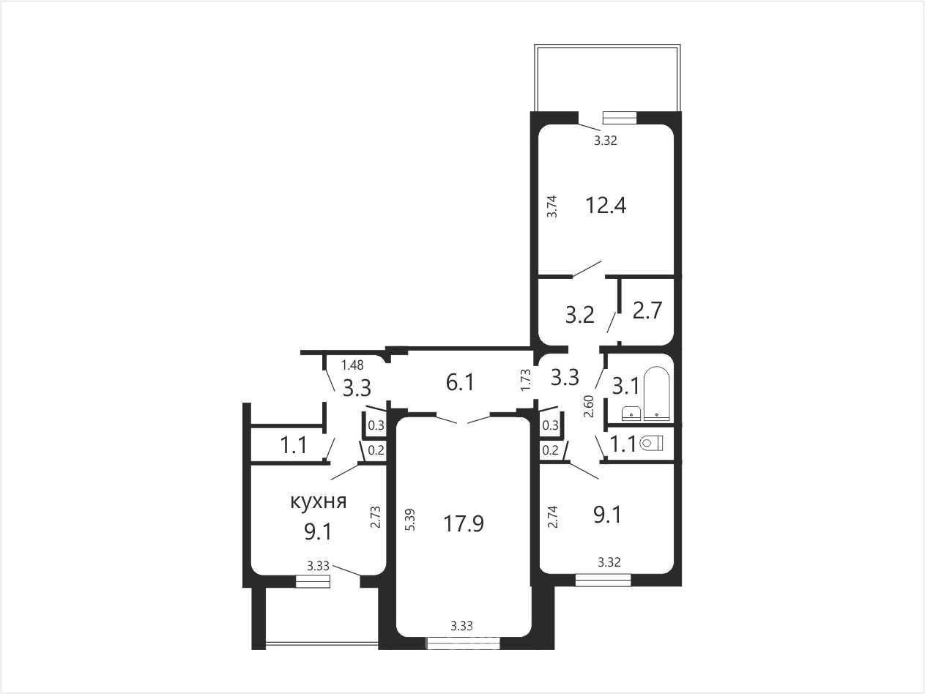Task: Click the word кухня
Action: tap(319, 501)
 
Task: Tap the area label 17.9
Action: tap(464, 524)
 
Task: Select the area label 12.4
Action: tap(606, 206)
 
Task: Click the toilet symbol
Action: tap(651, 443)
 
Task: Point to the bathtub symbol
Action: tap(656, 393)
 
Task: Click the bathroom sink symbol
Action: tap(631, 413)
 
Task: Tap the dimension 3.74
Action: tap(551, 206)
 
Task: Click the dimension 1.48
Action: tap(352, 365)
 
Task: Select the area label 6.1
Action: tap(460, 383)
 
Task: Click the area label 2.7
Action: tap(647, 311)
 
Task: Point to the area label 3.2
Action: tap(580, 315)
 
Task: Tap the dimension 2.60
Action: tap(589, 406)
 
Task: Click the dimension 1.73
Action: tap(526, 380)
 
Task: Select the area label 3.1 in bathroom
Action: tap(625, 386)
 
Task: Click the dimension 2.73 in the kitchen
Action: tap(376, 517)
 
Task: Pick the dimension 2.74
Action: tap(552, 517)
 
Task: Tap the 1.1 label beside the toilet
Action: tap(623, 444)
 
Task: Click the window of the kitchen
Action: tap(312, 581)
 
